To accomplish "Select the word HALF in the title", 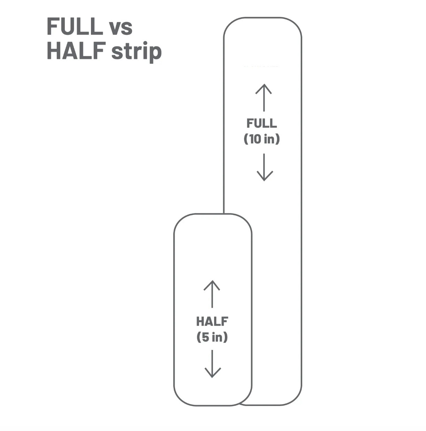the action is [76, 51].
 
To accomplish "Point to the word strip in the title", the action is [136, 52].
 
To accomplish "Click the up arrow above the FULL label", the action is [264, 97].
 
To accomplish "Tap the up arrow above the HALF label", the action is [212, 294].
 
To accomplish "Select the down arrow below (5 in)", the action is [212, 363].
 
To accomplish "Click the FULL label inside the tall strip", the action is [261, 123].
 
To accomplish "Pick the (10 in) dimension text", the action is [261, 139].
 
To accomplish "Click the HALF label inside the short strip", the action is [212, 321].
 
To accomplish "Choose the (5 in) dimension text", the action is [212, 337].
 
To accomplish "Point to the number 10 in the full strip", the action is [255, 139].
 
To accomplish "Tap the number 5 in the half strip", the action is [205, 337].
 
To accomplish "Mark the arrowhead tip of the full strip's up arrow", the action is [264, 85].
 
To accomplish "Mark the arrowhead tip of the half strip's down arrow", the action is [212, 377].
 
